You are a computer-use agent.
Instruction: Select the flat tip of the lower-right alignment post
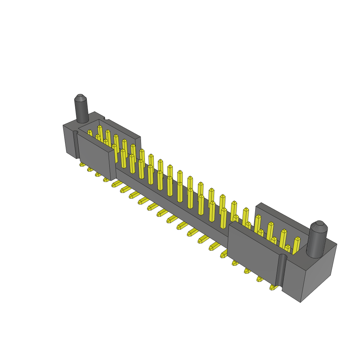tap(320, 223)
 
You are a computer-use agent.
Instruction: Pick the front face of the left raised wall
tap(95, 157)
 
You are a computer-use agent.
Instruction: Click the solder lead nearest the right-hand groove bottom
tap(272, 288)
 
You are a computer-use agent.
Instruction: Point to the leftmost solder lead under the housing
tap(82, 164)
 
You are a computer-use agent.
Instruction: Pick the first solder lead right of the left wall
tap(115, 184)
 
